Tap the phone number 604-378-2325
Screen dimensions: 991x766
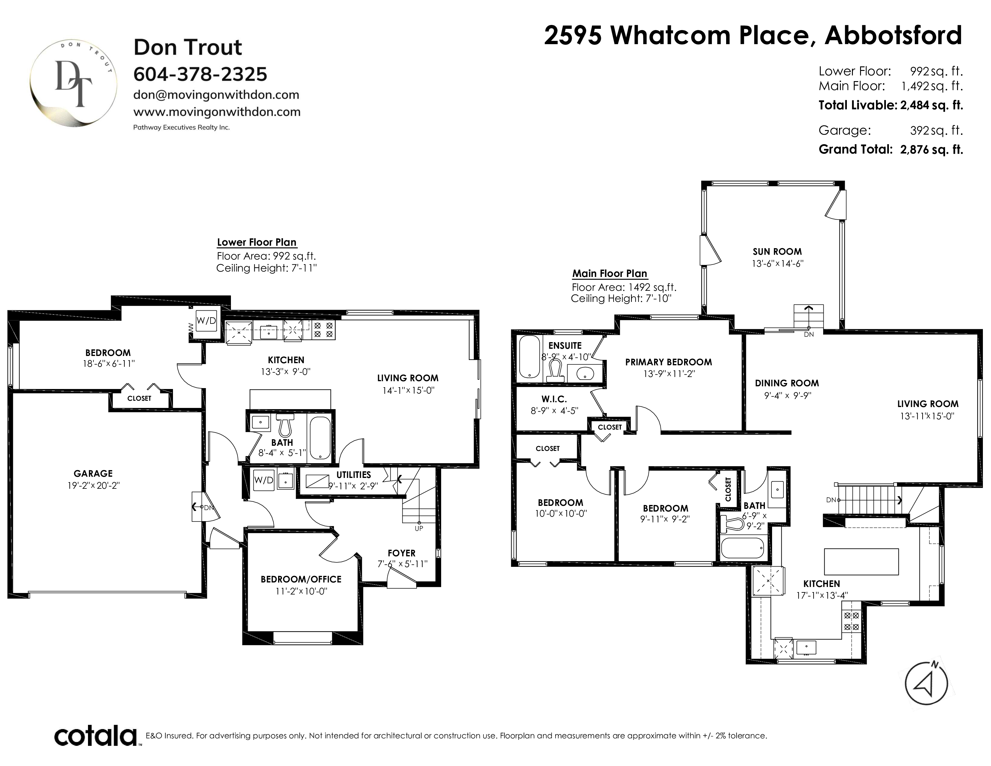(200, 74)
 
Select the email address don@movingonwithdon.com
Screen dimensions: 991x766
(216, 95)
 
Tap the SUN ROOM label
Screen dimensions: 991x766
(777, 251)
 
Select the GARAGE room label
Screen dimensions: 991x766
(93, 473)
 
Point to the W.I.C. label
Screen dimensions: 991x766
(554, 399)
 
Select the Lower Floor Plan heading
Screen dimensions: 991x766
(257, 242)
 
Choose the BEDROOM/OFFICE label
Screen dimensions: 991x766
(301, 579)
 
